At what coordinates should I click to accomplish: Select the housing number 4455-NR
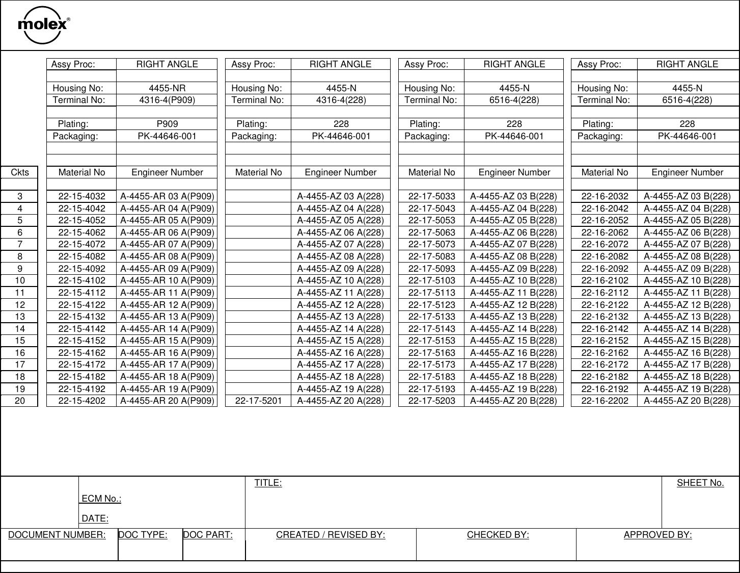click(167, 88)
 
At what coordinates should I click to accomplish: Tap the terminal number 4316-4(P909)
click(167, 100)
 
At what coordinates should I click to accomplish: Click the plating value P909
click(167, 124)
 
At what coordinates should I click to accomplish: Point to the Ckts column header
click(20, 172)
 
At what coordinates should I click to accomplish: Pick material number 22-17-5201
click(258, 401)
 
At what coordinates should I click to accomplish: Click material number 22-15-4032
click(81, 196)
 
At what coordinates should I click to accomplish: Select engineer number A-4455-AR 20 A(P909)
click(167, 401)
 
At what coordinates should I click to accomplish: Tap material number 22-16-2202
click(605, 401)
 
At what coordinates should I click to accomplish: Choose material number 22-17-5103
click(431, 280)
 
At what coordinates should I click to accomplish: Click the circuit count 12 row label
click(20, 304)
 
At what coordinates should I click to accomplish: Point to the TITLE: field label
click(268, 483)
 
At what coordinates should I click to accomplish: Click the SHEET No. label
click(700, 483)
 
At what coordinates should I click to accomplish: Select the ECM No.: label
click(101, 499)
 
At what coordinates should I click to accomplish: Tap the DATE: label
click(95, 518)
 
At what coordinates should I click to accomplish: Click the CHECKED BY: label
click(498, 535)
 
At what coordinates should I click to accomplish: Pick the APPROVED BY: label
click(657, 535)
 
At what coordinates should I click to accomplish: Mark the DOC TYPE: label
click(143, 535)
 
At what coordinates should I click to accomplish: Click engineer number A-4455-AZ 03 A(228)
click(340, 196)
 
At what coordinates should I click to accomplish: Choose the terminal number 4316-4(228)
click(341, 100)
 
